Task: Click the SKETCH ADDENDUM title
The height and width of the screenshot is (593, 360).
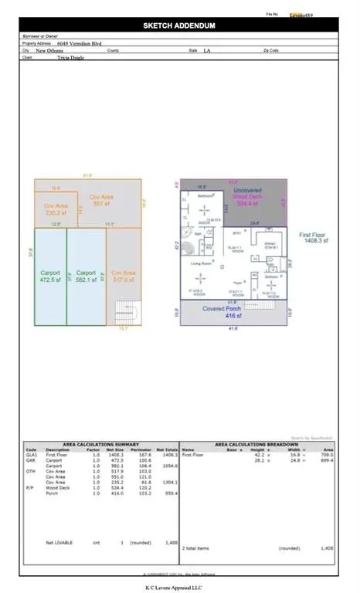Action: click(179, 25)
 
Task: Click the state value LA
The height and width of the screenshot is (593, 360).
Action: click(207, 51)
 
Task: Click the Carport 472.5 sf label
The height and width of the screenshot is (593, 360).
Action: click(49, 276)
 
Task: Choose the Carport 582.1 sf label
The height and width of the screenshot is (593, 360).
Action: click(86, 276)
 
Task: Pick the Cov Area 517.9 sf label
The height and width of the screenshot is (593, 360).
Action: click(124, 276)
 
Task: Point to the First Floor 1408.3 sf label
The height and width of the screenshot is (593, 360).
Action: click(316, 236)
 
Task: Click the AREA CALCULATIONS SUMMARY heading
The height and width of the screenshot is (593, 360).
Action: click(101, 445)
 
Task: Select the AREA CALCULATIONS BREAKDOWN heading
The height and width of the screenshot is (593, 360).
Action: click(257, 445)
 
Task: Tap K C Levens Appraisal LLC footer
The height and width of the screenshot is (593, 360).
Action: click(179, 587)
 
